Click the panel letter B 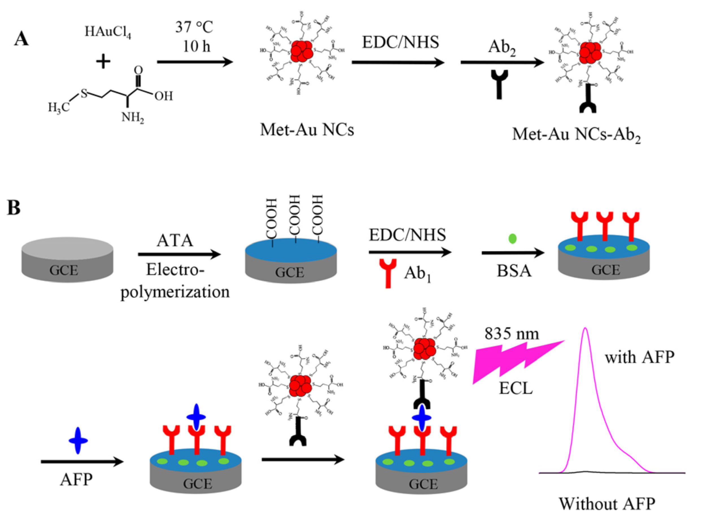coord(14,208)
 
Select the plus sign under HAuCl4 coord(103,62)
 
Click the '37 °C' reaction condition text coord(194,27)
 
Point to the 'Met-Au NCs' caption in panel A coord(307,130)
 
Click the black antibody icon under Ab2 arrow coord(499,84)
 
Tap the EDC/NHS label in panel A coord(400,42)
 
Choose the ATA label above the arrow coord(175,241)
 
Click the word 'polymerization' coord(175,292)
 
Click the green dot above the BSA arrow coord(512,238)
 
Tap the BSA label coord(514,271)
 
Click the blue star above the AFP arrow coord(78,441)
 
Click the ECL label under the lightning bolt coord(516,388)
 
